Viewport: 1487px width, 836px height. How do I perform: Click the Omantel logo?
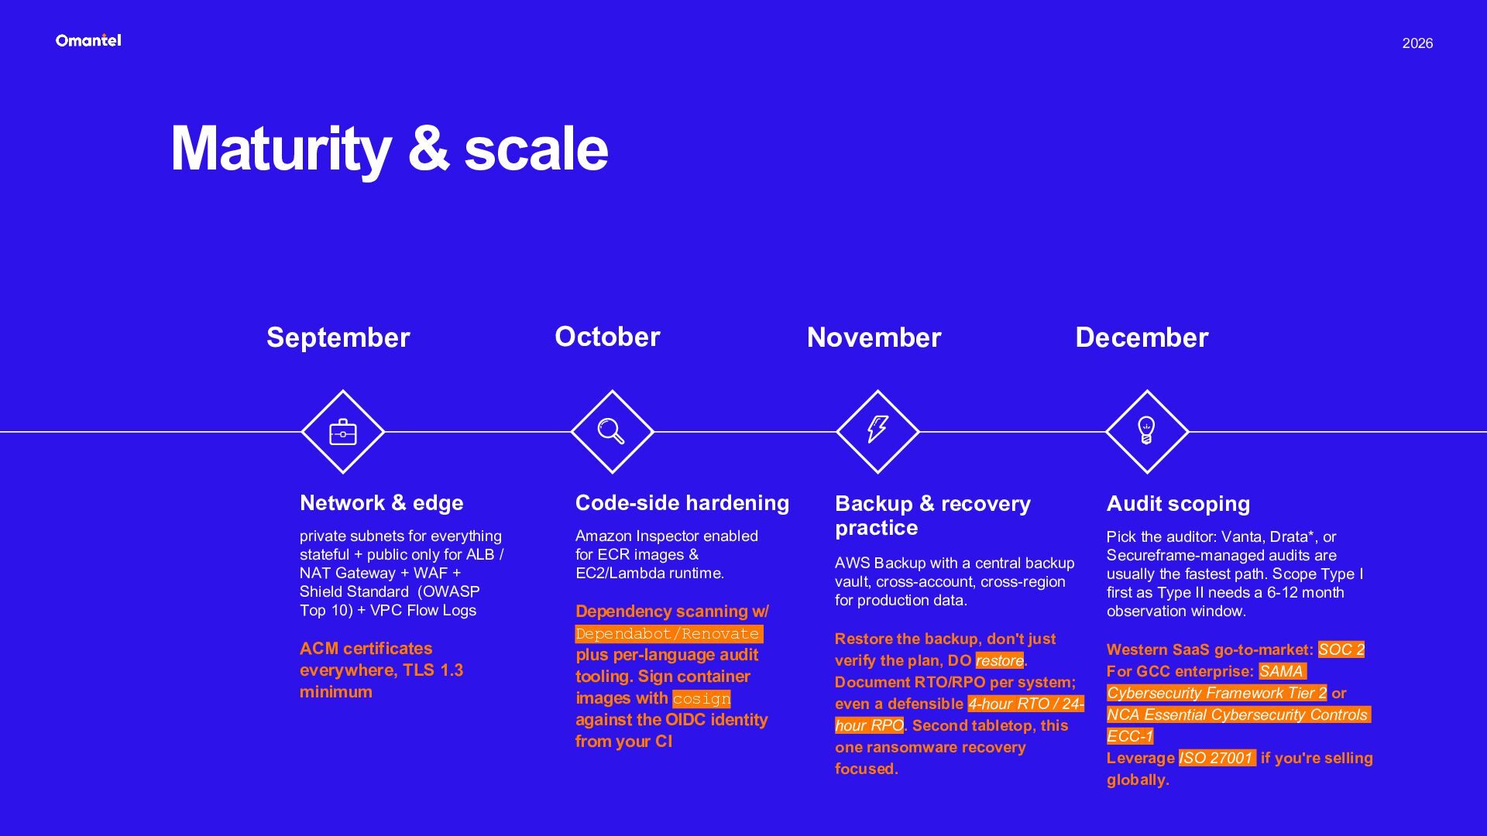click(88, 40)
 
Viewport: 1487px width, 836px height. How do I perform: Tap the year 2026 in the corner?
click(1417, 43)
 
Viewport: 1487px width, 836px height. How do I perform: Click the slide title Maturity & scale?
click(390, 149)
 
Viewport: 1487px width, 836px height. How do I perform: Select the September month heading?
click(338, 337)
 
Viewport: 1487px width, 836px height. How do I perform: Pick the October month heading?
click(607, 337)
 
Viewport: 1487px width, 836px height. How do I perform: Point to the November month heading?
click(874, 337)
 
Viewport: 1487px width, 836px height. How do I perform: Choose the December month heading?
click(1142, 337)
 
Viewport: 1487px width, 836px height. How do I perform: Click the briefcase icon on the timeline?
click(343, 432)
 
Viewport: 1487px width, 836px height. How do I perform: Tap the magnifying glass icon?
click(611, 431)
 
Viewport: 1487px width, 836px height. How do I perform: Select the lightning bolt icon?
click(877, 429)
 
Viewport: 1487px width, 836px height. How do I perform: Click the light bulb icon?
click(1146, 430)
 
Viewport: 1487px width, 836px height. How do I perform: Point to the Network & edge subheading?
click(382, 503)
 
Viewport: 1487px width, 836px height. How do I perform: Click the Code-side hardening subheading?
click(682, 503)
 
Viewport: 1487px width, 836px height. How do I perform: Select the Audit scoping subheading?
click(1178, 504)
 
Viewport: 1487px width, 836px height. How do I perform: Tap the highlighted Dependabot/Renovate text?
click(668, 634)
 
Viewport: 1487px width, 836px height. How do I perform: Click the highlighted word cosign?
click(701, 699)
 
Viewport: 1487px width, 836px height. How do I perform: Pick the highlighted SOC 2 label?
click(1341, 649)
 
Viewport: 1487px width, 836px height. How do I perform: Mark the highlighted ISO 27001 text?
click(1217, 758)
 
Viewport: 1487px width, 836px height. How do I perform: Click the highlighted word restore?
click(999, 660)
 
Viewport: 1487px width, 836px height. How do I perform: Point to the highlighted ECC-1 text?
click(1130, 736)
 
